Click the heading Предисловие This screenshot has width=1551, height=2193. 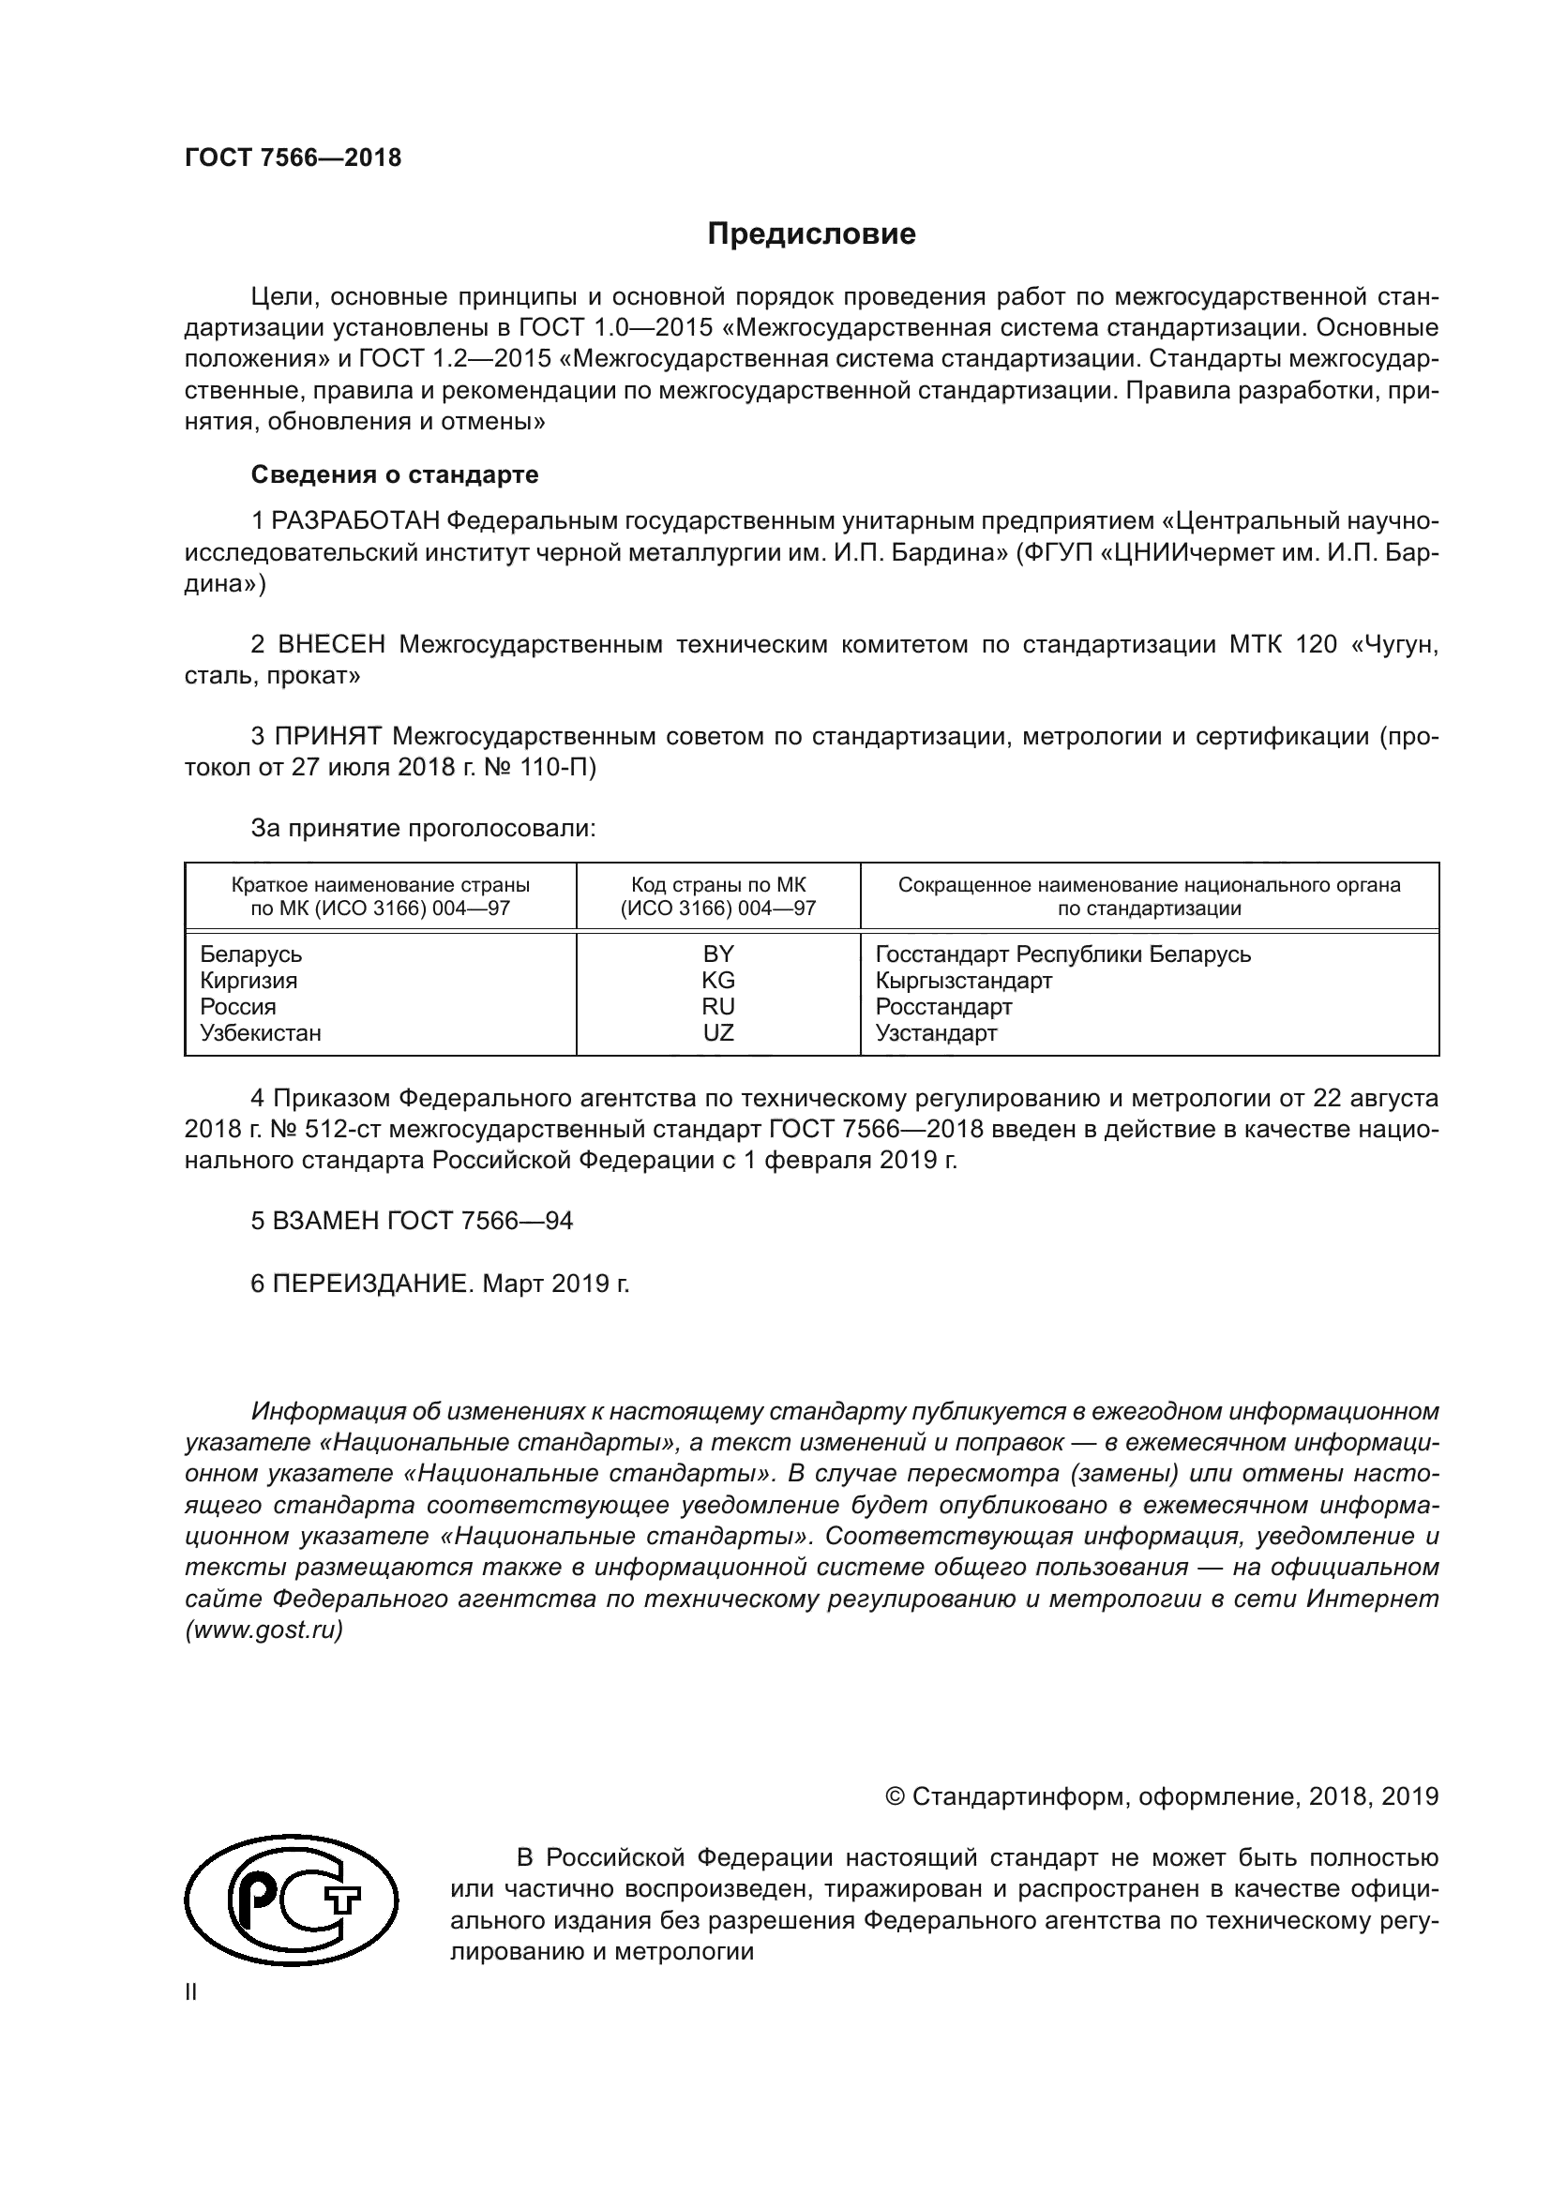coord(811,234)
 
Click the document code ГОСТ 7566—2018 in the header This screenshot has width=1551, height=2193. coord(294,158)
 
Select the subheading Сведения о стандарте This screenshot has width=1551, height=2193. coord(395,474)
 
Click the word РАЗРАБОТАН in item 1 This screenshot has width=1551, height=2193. coord(355,521)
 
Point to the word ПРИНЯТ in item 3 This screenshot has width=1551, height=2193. coord(327,736)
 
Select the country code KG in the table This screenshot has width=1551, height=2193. coord(718,980)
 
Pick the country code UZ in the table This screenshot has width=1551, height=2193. coord(718,1032)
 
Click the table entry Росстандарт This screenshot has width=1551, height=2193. coord(943,1007)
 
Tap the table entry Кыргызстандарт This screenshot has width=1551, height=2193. coord(964,980)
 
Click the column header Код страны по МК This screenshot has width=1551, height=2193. coord(718,885)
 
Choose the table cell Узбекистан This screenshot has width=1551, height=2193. coord(260,1032)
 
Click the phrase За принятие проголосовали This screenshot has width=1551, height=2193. coord(423,828)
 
